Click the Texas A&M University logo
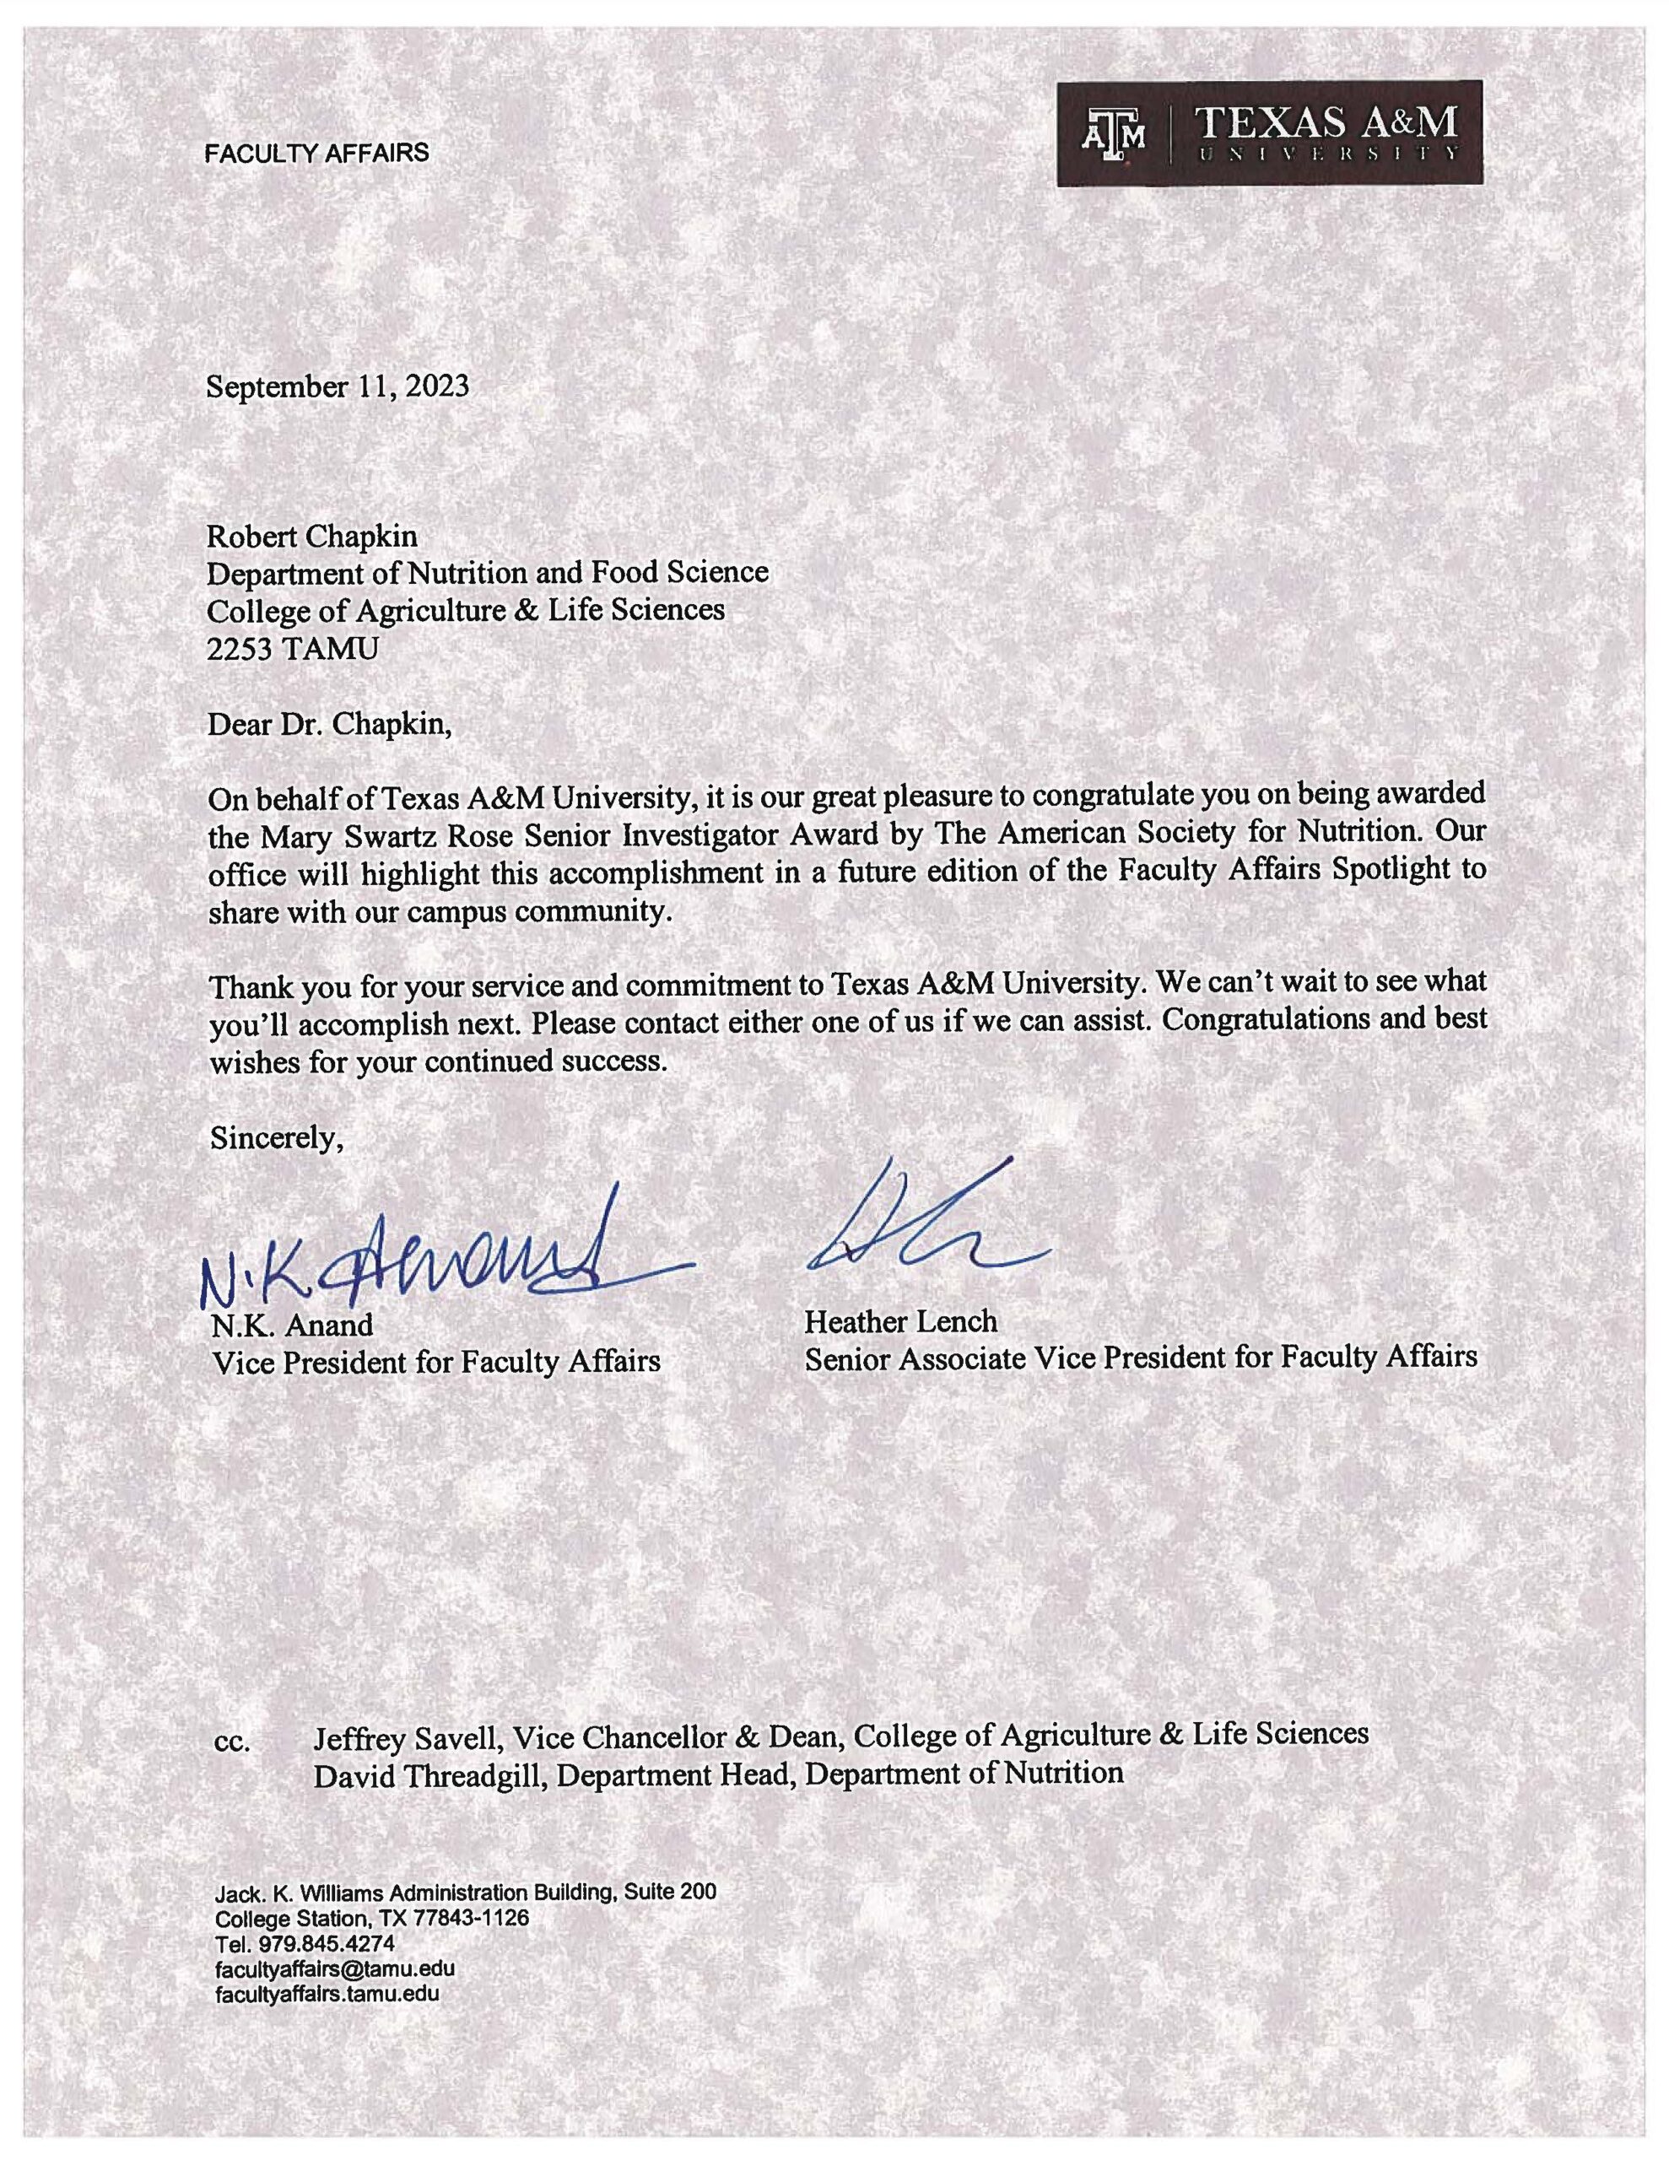pyautogui.click(x=1269, y=133)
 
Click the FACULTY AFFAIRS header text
pyautogui.click(x=316, y=154)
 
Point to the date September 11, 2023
pyautogui.click(x=338, y=386)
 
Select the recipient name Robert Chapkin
pyautogui.click(x=311, y=536)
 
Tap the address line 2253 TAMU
pyautogui.click(x=292, y=649)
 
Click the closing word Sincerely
pyautogui.click(x=276, y=1138)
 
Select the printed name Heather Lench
pyautogui.click(x=900, y=1321)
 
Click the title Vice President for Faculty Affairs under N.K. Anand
pyautogui.click(x=435, y=1362)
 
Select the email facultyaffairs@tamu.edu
pyautogui.click(x=335, y=1968)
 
